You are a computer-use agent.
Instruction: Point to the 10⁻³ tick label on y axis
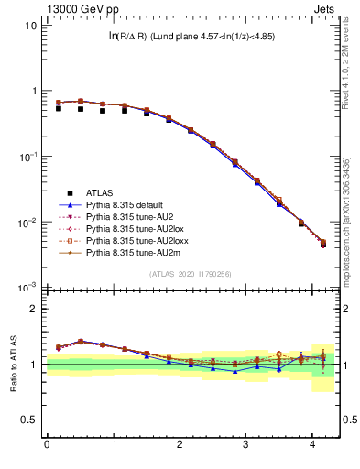(x=28, y=288)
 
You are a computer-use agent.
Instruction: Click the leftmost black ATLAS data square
(x=59, y=108)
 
